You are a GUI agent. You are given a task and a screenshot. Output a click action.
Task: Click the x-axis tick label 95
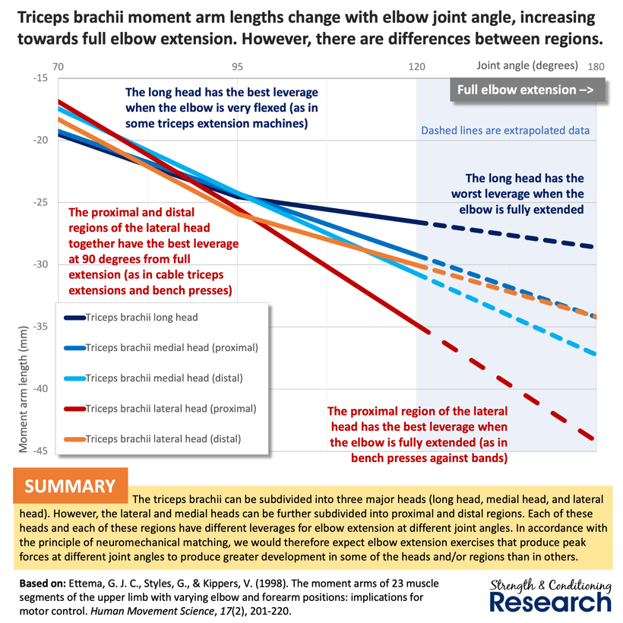pyautogui.click(x=238, y=66)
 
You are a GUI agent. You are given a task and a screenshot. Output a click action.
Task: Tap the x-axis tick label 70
pyautogui.click(x=59, y=66)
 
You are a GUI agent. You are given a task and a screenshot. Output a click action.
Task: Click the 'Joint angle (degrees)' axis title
pyautogui.click(x=527, y=65)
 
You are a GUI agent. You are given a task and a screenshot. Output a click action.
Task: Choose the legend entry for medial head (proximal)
pyautogui.click(x=172, y=348)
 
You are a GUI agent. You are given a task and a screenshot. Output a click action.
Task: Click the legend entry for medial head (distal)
pyautogui.click(x=164, y=378)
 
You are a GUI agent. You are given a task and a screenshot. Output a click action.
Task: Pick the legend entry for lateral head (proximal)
pyautogui.click(x=171, y=408)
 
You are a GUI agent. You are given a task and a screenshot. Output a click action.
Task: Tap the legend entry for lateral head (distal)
pyautogui.click(x=163, y=438)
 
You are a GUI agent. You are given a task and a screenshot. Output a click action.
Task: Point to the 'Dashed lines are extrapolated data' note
pyautogui.click(x=505, y=130)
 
